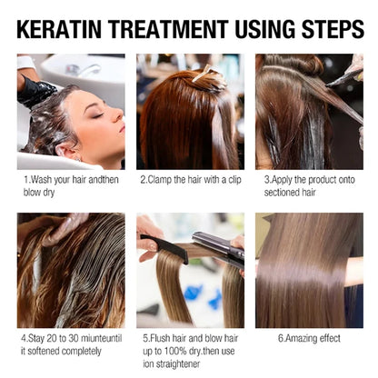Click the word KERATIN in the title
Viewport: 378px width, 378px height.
pyautogui.click(x=59, y=29)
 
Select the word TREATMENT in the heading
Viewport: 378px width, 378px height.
pyautogui.click(x=169, y=29)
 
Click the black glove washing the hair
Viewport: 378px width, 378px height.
pyautogui.click(x=35, y=91)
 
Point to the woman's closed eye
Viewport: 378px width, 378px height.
pyautogui.click(x=97, y=115)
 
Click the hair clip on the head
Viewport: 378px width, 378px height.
pyautogui.click(x=204, y=74)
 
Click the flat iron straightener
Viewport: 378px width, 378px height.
pyautogui.click(x=219, y=248)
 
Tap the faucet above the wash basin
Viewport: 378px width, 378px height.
pyautogui.click(x=83, y=70)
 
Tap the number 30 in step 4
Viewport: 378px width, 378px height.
pyautogui.click(x=74, y=338)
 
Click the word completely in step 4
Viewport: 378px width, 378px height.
pyautogui.click(x=81, y=352)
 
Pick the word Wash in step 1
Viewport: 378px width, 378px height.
pyautogui.click(x=41, y=180)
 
